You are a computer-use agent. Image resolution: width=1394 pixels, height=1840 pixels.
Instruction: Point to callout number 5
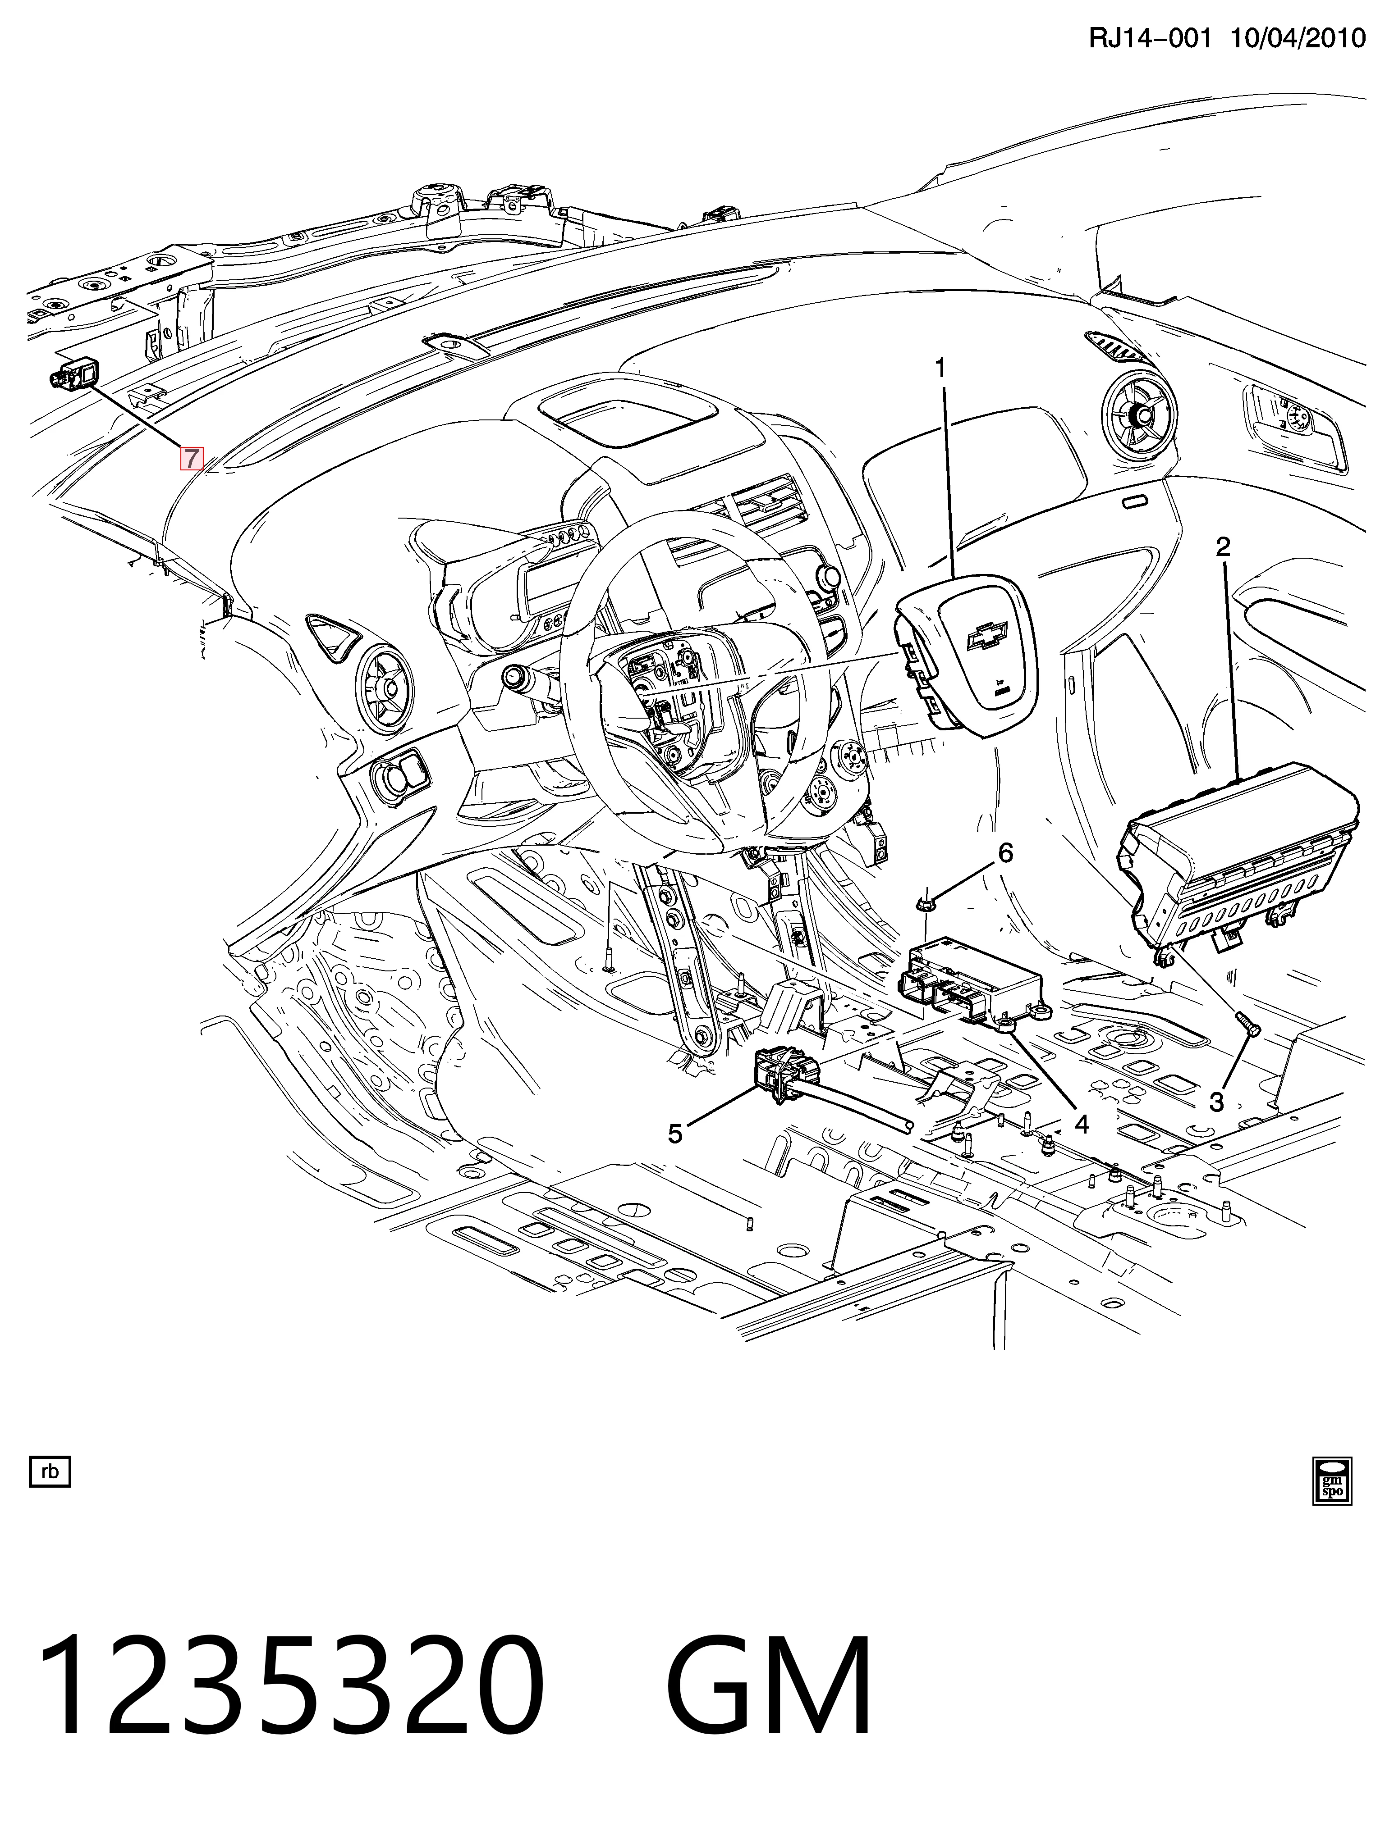675,1133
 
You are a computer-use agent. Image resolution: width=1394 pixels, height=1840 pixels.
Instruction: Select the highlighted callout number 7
192,457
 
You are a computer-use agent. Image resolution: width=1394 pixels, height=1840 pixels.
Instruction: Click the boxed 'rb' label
50,1472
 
